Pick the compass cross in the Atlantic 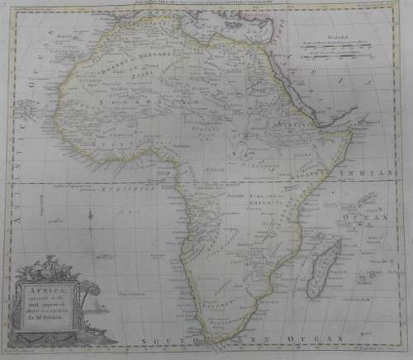click(x=88, y=221)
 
